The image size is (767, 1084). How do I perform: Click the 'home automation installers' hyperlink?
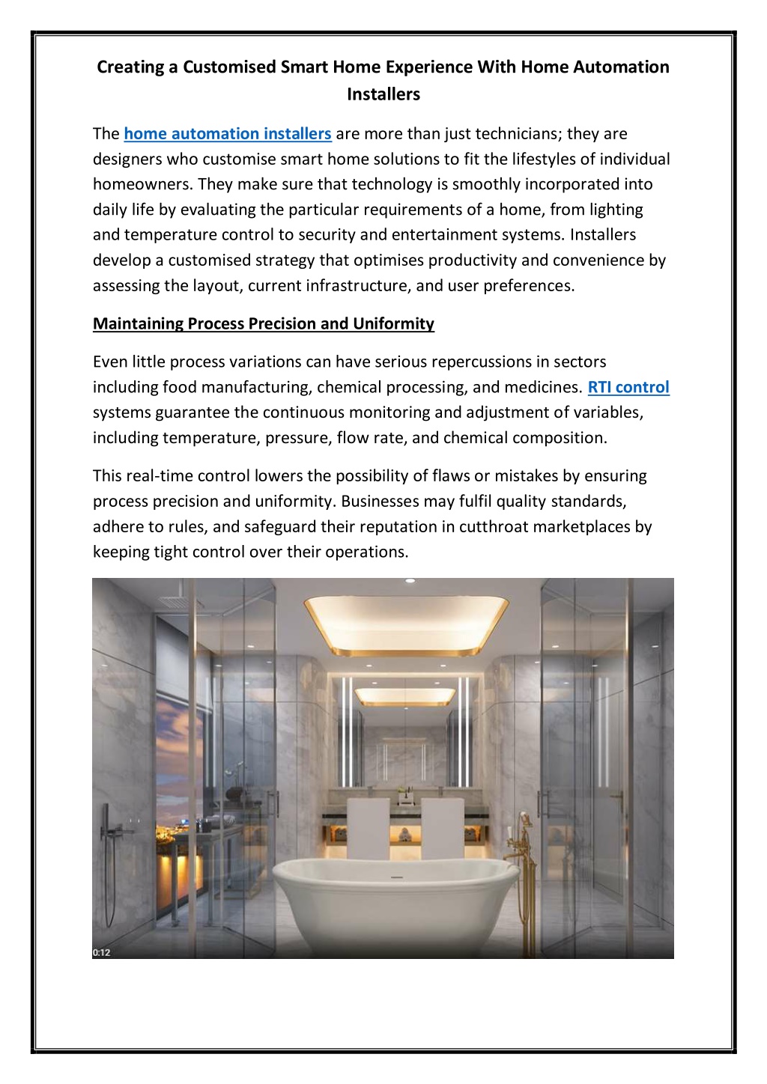click(227, 134)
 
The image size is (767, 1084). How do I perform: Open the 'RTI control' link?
click(628, 387)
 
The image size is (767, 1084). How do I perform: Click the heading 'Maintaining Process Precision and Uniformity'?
click(263, 323)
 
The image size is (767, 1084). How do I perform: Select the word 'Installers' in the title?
click(383, 94)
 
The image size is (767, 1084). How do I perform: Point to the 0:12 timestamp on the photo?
click(101, 952)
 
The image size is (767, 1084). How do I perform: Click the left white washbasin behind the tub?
click(369, 827)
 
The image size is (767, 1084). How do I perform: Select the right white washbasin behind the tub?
click(443, 827)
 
